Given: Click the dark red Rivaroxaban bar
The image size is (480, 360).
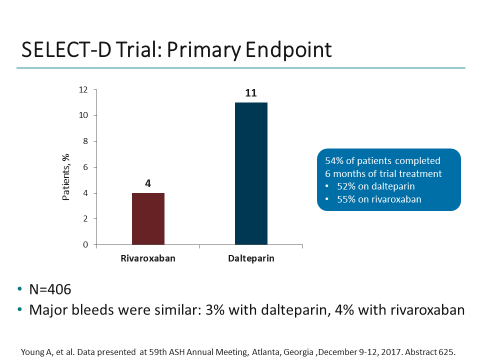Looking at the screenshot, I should point(148,218).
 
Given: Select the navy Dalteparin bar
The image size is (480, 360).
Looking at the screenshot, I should point(251,173).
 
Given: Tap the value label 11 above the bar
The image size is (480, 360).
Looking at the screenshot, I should point(251,93).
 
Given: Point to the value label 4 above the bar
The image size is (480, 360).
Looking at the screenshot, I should point(148,183).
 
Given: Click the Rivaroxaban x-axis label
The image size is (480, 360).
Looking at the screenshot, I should point(148,259).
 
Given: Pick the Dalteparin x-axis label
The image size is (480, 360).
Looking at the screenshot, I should point(251,259).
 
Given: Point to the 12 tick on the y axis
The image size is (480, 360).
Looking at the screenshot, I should point(83,89).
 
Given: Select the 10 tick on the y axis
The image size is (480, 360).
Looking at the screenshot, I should point(83,115).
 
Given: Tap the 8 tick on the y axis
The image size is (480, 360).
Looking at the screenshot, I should point(85,141).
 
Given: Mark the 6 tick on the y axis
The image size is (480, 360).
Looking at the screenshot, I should point(85,167).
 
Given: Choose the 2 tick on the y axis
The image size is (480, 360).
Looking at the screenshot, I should point(85,219).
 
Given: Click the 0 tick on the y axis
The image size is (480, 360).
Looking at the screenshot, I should point(85,245).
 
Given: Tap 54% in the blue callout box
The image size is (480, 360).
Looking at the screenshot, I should point(334,161).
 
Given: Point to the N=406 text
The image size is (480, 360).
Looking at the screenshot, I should point(50,289).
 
